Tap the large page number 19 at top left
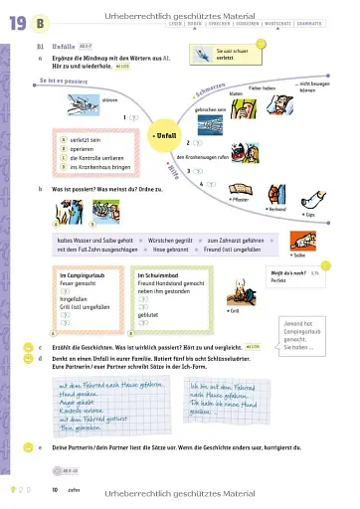tap(18, 22)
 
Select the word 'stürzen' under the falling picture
tap(110, 99)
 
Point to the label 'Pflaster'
tap(238, 199)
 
